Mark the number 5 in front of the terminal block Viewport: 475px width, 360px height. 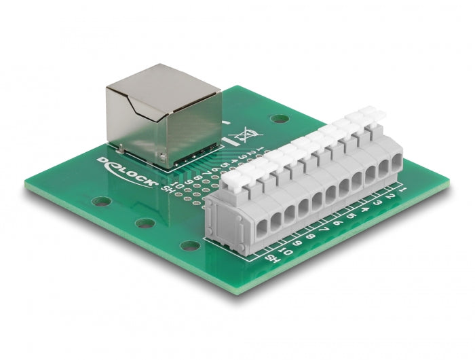(x=351, y=216)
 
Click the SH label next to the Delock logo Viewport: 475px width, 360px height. (x=163, y=188)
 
